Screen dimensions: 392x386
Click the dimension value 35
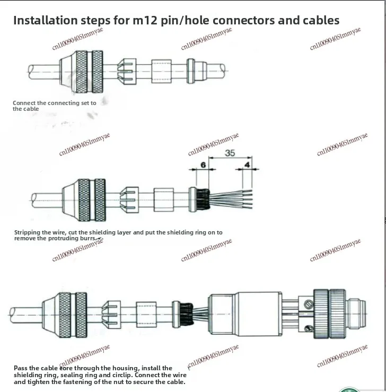pyautogui.click(x=230, y=153)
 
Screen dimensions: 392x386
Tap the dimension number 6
pyautogui.click(x=203, y=165)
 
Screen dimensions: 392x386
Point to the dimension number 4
pyautogui.click(x=248, y=165)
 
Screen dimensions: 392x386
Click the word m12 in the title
pyautogui.click(x=141, y=21)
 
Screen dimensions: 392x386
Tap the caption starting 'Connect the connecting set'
pyautogui.click(x=54, y=106)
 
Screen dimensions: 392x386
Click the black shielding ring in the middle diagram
pyautogui.click(x=200, y=196)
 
